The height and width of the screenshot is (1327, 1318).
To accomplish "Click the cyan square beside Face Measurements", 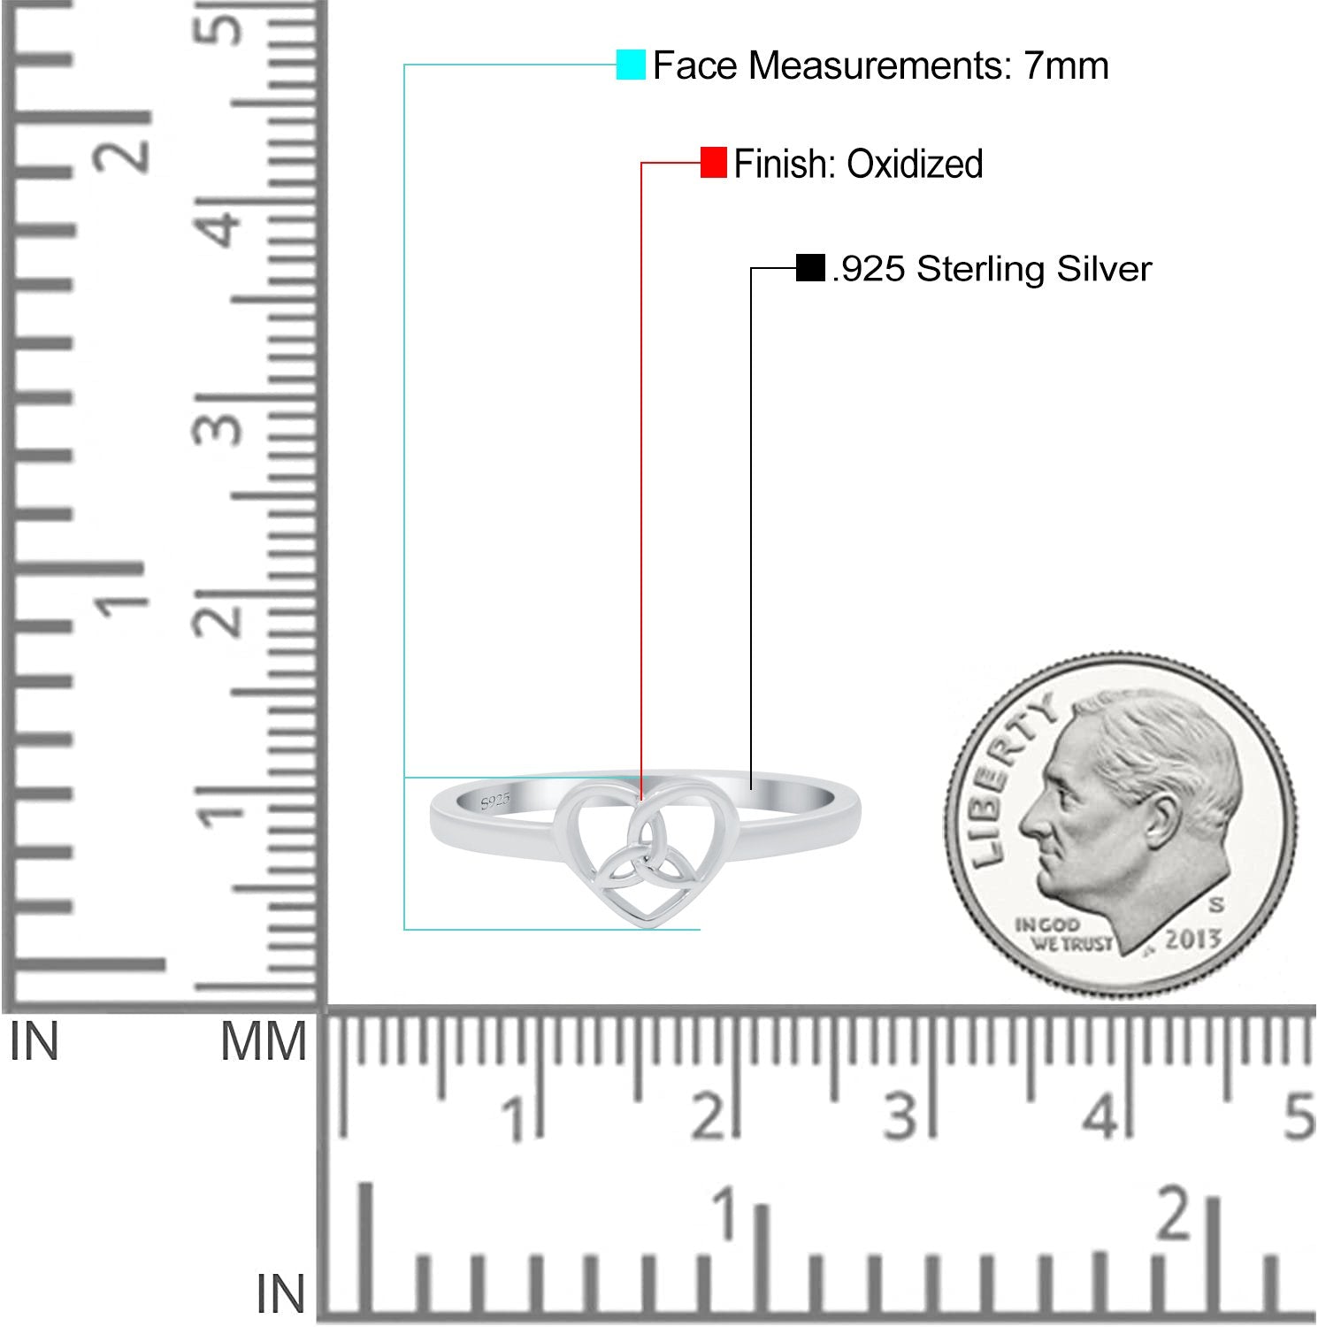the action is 631,65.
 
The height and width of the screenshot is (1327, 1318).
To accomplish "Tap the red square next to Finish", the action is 713,163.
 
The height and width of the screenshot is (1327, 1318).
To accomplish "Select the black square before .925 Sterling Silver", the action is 810,268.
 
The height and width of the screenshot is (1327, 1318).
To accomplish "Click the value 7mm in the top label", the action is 1066,65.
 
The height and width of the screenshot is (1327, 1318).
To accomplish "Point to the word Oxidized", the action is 915,165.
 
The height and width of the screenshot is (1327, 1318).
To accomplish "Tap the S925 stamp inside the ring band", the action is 495,802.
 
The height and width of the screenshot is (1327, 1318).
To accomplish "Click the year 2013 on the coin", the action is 1193,940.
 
